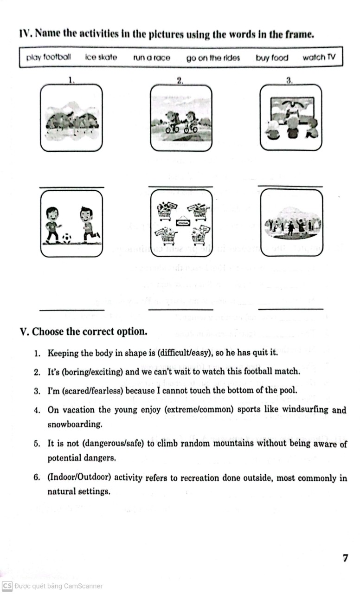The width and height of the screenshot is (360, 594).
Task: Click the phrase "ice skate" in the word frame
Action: tap(101, 58)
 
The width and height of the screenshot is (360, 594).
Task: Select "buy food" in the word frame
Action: tap(272, 58)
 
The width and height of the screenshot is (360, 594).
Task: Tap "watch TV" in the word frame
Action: tap(319, 58)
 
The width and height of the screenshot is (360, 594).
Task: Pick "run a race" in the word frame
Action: tap(152, 58)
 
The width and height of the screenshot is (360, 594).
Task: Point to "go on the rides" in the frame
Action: tap(213, 58)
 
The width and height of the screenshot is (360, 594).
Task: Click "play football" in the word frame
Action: tap(49, 58)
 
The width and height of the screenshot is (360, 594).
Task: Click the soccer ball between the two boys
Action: tap(67, 239)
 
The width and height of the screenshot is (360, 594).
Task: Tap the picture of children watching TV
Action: tap(291, 117)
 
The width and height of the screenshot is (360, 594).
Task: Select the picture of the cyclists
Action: tap(181, 117)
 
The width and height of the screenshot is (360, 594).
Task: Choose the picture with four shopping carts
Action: tap(181, 223)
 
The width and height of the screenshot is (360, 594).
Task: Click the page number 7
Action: tap(345, 558)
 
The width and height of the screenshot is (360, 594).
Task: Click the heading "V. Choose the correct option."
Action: tap(84, 332)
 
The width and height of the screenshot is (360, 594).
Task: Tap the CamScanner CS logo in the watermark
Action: tap(6, 586)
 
